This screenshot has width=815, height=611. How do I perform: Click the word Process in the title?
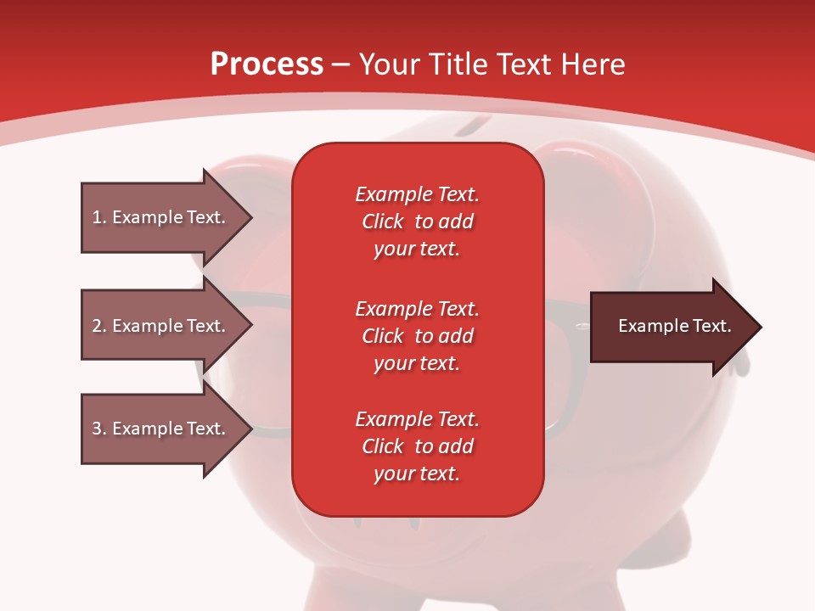(x=267, y=64)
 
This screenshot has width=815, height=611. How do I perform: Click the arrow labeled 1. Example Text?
(x=167, y=217)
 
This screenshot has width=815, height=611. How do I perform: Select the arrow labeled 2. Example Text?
(x=167, y=325)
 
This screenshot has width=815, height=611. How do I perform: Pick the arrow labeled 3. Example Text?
(x=167, y=429)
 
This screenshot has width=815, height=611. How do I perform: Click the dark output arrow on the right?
(x=676, y=327)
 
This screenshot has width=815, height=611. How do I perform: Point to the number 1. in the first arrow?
(x=99, y=217)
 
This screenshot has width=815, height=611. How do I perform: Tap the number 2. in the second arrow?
(x=99, y=326)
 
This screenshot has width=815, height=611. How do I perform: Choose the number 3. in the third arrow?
(x=99, y=429)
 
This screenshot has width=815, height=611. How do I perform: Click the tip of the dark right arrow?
(x=762, y=327)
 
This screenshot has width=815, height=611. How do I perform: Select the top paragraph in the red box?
(x=418, y=221)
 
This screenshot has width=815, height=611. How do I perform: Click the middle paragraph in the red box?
(x=418, y=336)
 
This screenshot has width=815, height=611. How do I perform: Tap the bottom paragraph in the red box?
(x=418, y=446)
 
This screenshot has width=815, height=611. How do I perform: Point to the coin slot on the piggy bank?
(x=473, y=126)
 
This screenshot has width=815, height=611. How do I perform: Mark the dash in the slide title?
(x=340, y=66)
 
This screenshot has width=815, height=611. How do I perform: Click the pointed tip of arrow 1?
(x=252, y=217)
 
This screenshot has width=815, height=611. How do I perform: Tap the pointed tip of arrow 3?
(x=252, y=429)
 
